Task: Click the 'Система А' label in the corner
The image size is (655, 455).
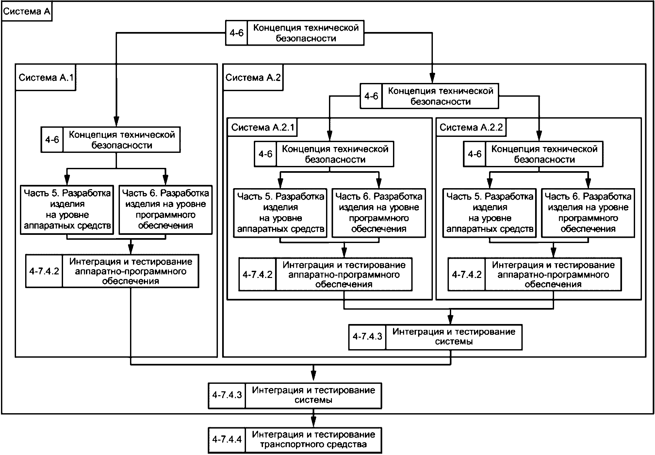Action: pos(26,12)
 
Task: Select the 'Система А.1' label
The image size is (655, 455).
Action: pos(46,77)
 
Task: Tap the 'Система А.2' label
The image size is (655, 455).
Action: pos(253,77)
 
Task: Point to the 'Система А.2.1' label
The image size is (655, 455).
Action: pos(263,127)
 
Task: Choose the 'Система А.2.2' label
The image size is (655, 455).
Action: pos(471,127)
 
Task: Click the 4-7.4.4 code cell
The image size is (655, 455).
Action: pos(227,439)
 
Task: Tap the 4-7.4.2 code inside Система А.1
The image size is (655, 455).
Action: pos(44,271)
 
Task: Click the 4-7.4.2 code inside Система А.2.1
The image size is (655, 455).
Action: pos(257,274)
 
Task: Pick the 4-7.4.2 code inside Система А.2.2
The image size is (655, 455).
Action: pos(467,274)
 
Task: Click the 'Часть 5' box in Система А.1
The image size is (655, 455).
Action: pos(67,210)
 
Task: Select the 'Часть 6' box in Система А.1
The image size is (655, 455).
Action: pos(166,210)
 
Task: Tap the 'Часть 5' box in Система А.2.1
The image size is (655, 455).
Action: pos(280,213)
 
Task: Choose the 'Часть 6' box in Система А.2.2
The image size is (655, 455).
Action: pos(588,213)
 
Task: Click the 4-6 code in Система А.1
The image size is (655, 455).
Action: pos(52,140)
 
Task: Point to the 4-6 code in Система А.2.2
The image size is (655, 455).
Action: pos(475,154)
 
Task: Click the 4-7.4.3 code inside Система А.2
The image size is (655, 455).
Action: pos(367,337)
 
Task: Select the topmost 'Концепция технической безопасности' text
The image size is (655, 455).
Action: pos(306,33)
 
